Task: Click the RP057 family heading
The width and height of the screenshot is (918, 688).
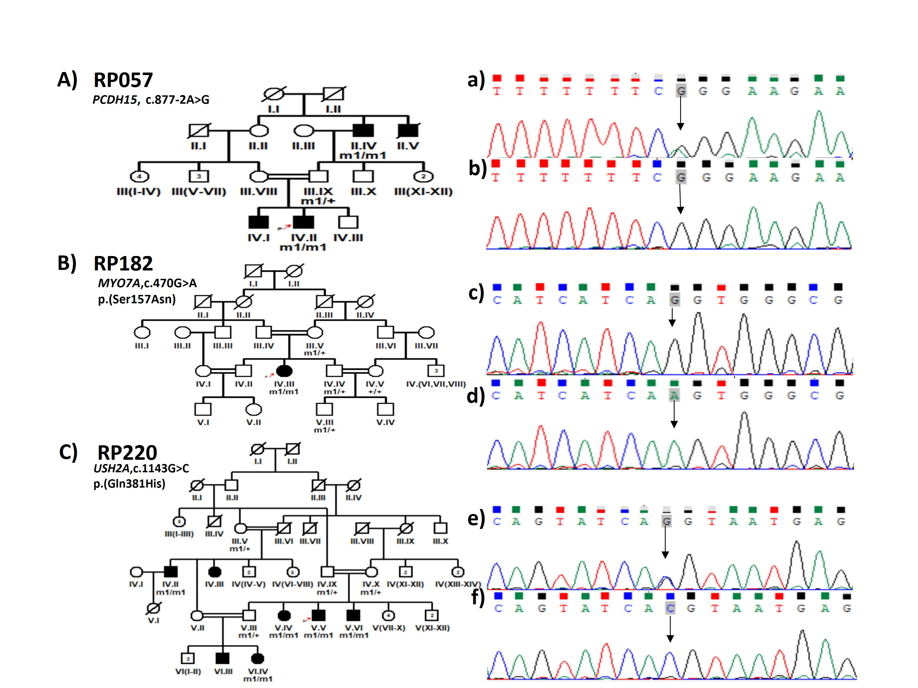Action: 123,80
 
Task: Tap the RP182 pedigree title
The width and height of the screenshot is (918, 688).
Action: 123,264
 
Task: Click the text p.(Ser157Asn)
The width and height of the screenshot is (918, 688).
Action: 137,299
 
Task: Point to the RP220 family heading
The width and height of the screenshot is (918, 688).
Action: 127,453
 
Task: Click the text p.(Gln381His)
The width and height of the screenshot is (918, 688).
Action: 129,484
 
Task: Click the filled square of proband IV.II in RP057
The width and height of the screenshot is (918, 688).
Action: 303,222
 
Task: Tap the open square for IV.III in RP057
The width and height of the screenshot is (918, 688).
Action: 348,222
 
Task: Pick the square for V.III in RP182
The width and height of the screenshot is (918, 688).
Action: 325,409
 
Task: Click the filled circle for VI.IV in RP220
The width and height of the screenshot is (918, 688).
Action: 258,658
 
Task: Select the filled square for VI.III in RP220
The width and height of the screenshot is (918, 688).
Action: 223,658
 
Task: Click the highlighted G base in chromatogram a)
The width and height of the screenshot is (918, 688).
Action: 681,91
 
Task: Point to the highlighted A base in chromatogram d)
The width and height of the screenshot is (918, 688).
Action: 674,396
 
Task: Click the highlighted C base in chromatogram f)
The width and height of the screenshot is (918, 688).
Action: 670,608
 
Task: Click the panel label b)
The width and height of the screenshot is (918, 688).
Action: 477,168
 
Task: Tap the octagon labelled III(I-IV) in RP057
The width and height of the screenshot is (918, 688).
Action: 139,177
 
